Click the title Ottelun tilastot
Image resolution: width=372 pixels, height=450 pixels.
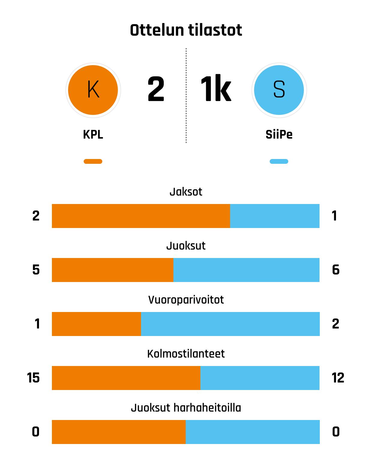pyautogui.click(x=186, y=30)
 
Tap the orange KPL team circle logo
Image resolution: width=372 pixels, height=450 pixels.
pyautogui.click(x=93, y=90)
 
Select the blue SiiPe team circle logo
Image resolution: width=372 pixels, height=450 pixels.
pyautogui.click(x=279, y=90)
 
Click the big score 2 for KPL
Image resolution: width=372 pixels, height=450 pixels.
pyautogui.click(x=156, y=89)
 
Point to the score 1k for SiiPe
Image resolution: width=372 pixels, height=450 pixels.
pyautogui.click(x=216, y=89)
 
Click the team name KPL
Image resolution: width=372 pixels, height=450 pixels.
pyautogui.click(x=93, y=134)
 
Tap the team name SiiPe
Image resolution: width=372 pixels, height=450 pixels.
pyautogui.click(x=279, y=134)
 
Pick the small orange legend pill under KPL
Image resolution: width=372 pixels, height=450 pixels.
pyautogui.click(x=93, y=161)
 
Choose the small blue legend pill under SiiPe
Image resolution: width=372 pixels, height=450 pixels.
pyautogui.click(x=279, y=161)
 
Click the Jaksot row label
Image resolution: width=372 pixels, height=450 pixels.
pyautogui.click(x=186, y=192)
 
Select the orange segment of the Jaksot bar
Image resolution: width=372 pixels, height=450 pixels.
pyautogui.click(x=141, y=216)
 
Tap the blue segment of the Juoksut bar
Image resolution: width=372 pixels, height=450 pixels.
pyautogui.click(x=246, y=270)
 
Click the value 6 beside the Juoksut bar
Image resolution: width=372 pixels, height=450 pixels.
pyautogui.click(x=336, y=270)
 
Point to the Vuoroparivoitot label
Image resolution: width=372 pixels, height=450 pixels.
pyautogui.click(x=186, y=300)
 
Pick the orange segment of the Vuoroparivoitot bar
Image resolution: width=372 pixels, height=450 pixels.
pyautogui.click(x=96, y=324)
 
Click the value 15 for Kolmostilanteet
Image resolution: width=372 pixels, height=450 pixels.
pyautogui.click(x=33, y=378)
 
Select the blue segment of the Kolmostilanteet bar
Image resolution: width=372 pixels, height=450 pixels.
pyautogui.click(x=260, y=378)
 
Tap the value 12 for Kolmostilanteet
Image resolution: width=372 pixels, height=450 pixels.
pyautogui.click(x=338, y=378)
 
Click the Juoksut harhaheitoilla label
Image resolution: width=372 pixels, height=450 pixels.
pyautogui.click(x=186, y=408)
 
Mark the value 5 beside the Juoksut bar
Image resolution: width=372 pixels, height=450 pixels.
pyautogui.click(x=36, y=270)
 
